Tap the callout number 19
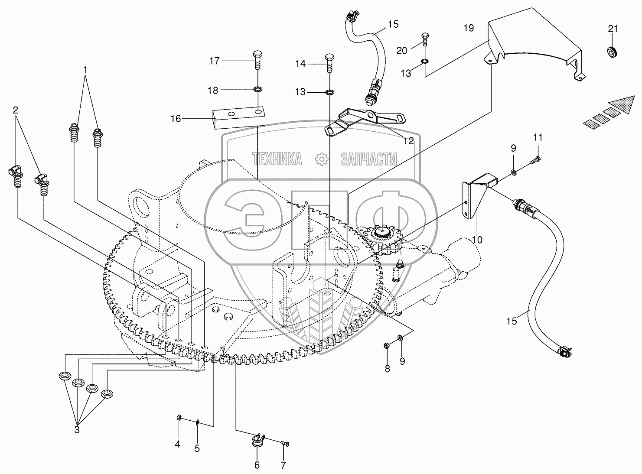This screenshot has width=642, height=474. (469, 29)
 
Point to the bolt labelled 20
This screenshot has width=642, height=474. (424, 40)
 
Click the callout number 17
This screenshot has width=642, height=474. (215, 61)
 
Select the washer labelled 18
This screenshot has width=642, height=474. (257, 90)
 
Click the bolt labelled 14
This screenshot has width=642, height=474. (329, 63)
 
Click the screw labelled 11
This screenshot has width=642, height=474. (534, 161)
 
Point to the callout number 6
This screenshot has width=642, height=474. (257, 465)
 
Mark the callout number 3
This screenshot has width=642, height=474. (77, 430)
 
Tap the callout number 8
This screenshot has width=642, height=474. (387, 369)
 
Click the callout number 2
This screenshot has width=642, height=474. (16, 110)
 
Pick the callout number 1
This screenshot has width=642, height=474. (85, 69)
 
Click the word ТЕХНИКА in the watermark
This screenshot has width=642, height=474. (277, 159)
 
